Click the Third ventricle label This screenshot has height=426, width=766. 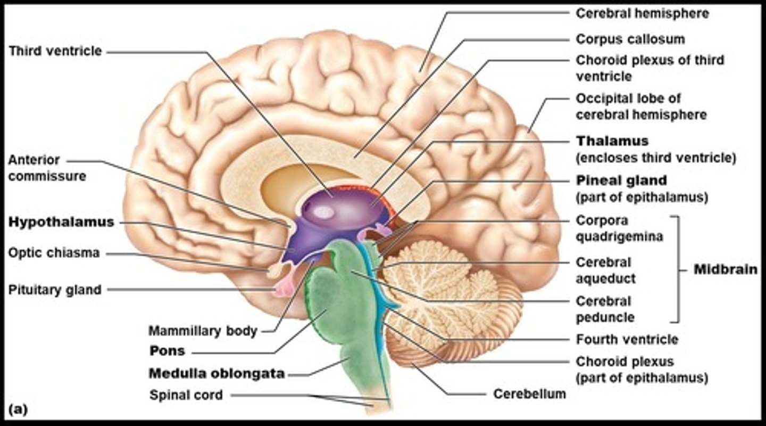(x=55, y=52)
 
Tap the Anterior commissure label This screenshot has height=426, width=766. (x=47, y=168)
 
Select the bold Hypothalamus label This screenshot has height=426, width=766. (x=61, y=222)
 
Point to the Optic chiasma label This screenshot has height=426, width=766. (x=54, y=252)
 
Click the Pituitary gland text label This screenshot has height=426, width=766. (x=55, y=290)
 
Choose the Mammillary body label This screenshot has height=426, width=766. (x=203, y=331)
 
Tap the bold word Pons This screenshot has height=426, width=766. (x=167, y=351)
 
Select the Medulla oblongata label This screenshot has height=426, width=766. (x=217, y=374)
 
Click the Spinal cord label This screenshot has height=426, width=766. (x=186, y=395)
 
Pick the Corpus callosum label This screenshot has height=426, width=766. (x=630, y=39)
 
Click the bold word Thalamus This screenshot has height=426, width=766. (x=612, y=141)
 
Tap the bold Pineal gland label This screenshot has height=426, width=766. (x=621, y=180)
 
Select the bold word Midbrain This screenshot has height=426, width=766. (x=726, y=269)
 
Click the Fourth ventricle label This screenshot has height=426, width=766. (x=627, y=339)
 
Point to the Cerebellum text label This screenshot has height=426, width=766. (x=529, y=394)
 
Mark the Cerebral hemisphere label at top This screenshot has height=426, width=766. (x=642, y=13)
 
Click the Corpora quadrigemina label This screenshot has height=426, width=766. (x=619, y=228)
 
